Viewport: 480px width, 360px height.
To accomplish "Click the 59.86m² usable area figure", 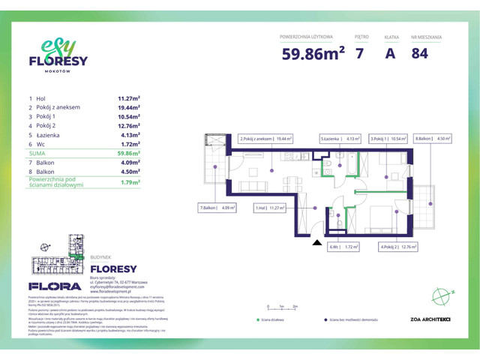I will [313, 54].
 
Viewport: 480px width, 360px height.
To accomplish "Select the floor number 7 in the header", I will [361, 54].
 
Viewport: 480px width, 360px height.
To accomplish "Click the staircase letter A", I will [390, 54].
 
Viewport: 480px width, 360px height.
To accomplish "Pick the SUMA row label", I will [37, 153].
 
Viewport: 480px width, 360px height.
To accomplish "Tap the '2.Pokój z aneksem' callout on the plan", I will [266, 139].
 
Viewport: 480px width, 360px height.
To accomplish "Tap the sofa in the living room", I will [256, 186].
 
